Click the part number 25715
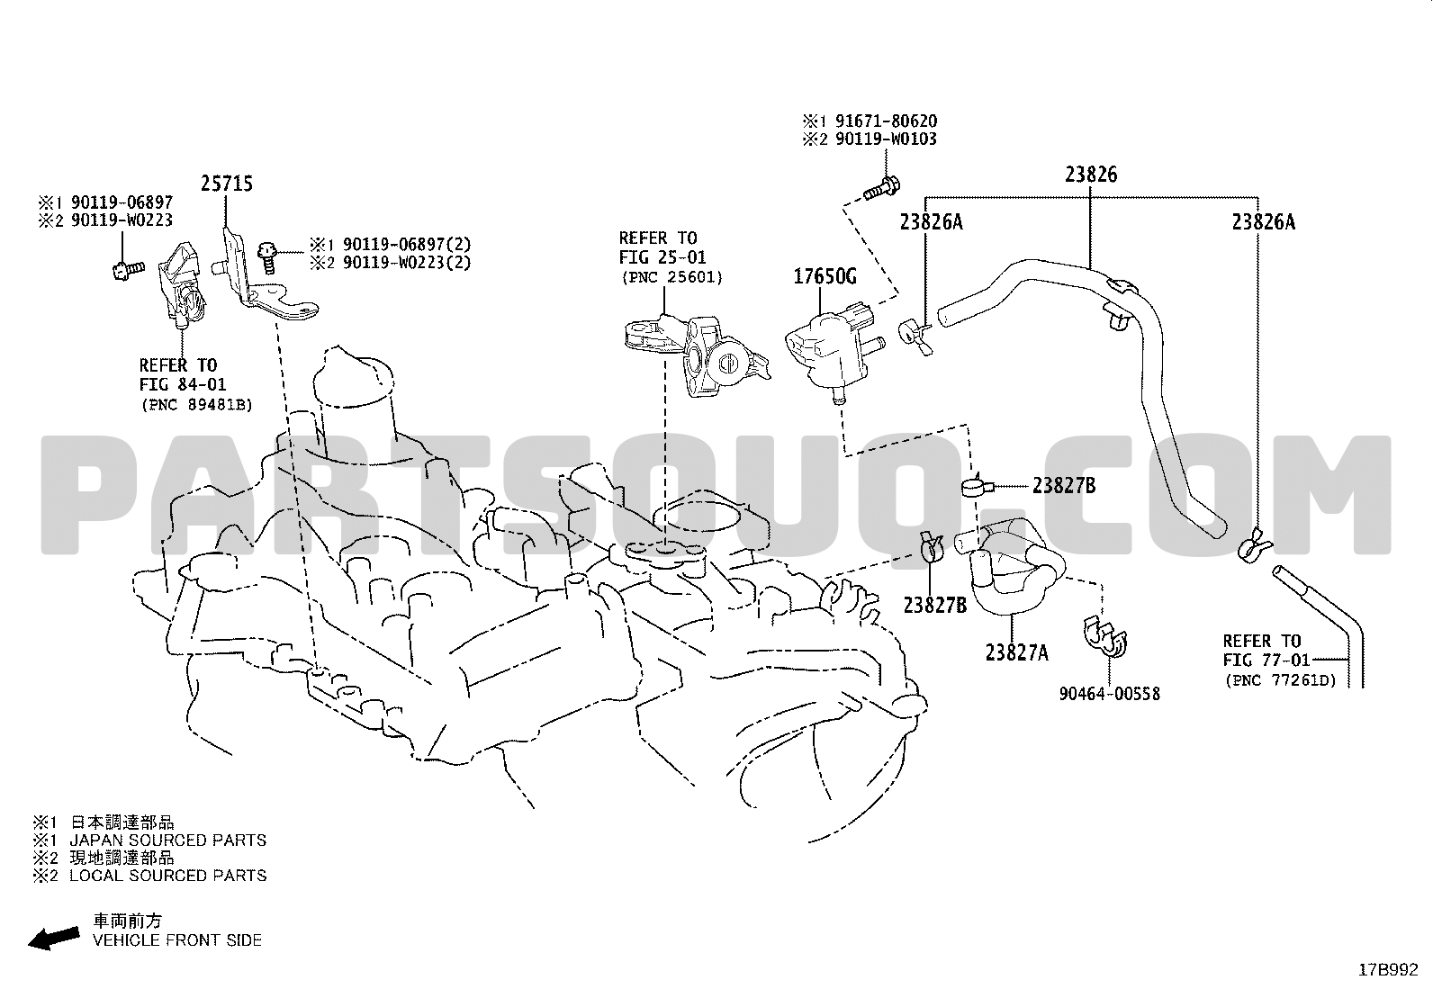(x=227, y=184)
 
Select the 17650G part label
(x=825, y=276)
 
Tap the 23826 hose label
(x=1091, y=174)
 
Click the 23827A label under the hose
(x=1016, y=652)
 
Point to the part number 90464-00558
(x=1109, y=694)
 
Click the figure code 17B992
(x=1388, y=970)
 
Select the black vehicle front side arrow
(x=54, y=939)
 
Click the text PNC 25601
(x=672, y=277)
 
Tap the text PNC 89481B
(x=196, y=404)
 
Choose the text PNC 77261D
(x=1281, y=680)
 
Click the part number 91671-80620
(x=886, y=121)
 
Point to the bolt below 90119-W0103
(x=882, y=188)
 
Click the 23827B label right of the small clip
(x=1064, y=486)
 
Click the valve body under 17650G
(x=831, y=350)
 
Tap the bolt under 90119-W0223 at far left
(x=127, y=270)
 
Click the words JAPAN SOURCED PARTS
(x=167, y=840)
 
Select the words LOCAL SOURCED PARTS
(x=167, y=875)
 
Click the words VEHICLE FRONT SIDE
(x=177, y=940)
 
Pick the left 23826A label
(x=932, y=222)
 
